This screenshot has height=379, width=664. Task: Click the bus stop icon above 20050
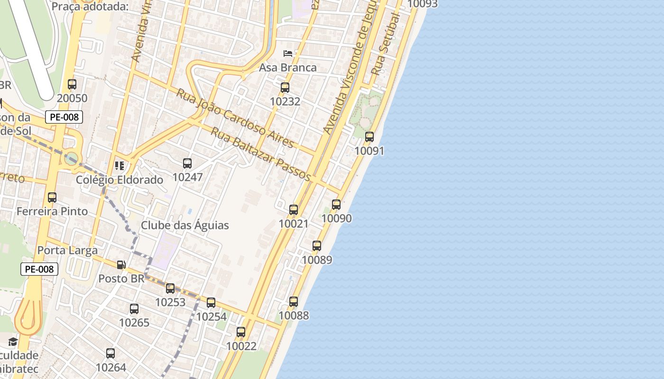(72, 84)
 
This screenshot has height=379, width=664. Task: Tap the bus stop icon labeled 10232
(285, 88)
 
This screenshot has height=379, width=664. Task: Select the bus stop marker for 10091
(369, 137)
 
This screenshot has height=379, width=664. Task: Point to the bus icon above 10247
(187, 163)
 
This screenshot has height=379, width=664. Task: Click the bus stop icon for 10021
(294, 210)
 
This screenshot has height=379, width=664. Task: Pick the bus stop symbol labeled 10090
(336, 205)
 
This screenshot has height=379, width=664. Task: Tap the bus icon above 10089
(317, 246)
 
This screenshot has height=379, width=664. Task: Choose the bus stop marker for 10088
(294, 302)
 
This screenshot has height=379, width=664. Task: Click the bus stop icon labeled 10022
(241, 332)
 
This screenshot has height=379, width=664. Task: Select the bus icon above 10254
(211, 303)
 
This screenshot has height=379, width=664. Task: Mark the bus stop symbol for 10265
(134, 309)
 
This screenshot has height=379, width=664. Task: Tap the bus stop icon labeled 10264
(111, 353)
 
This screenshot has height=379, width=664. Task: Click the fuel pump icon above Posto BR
(121, 265)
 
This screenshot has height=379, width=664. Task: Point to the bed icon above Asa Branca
(288, 53)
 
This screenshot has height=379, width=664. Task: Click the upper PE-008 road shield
(64, 117)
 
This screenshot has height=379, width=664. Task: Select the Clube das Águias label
(185, 226)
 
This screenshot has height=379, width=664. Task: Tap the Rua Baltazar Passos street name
(260, 154)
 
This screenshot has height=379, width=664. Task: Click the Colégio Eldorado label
(120, 180)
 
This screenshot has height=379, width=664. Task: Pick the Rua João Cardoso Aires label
(235, 117)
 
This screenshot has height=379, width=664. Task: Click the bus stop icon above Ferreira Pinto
(52, 198)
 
